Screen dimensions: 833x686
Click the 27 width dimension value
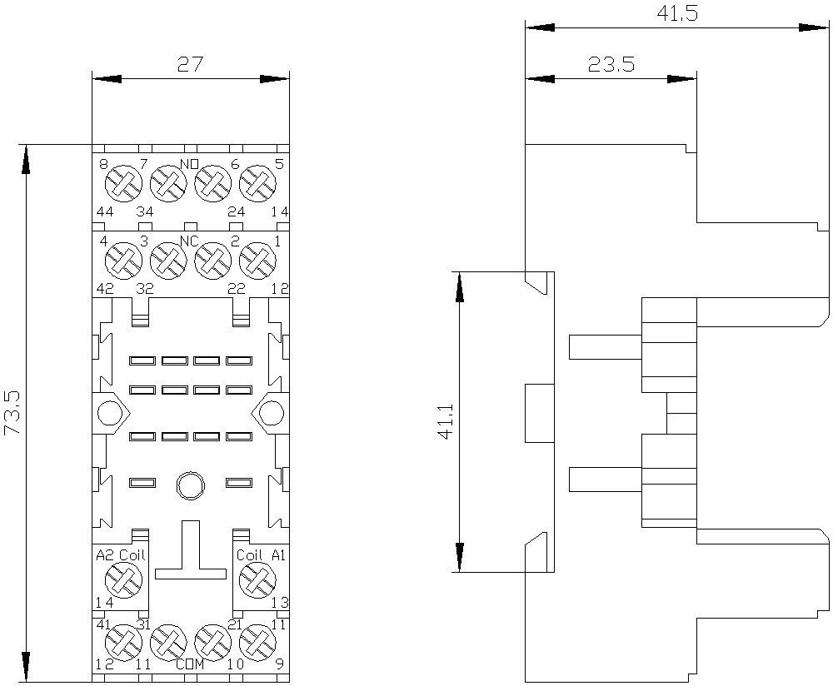pyautogui.click(x=190, y=65)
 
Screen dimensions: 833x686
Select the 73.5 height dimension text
pyautogui.click(x=12, y=413)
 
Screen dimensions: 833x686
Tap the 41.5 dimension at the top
pyautogui.click(x=677, y=13)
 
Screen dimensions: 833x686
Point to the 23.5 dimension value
pyautogui.click(x=611, y=65)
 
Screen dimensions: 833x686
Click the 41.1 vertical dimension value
pyautogui.click(x=445, y=421)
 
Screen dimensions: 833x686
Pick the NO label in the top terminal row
pyautogui.click(x=190, y=163)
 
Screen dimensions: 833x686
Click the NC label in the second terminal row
pyautogui.click(x=190, y=241)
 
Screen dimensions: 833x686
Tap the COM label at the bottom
pyautogui.click(x=190, y=664)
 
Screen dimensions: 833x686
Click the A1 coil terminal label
pyautogui.click(x=279, y=555)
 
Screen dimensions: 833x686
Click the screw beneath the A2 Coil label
pyautogui.click(x=124, y=580)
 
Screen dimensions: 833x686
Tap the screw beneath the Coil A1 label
pyautogui.click(x=257, y=580)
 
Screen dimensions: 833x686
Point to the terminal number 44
pyautogui.click(x=105, y=211)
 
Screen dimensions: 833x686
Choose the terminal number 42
pyautogui.click(x=105, y=289)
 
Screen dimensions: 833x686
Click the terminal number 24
pyautogui.click(x=237, y=211)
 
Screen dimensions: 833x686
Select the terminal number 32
pyautogui.click(x=144, y=289)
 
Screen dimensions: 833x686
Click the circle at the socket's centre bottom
pyautogui.click(x=190, y=485)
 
